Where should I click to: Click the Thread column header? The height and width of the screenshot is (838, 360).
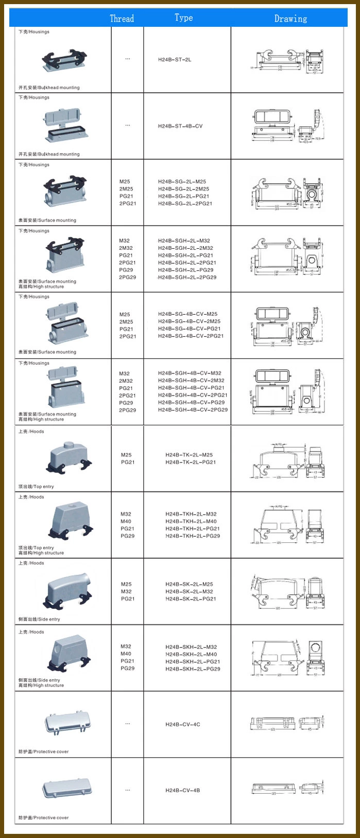[x=122, y=19]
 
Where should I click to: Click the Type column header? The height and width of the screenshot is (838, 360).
[x=183, y=18]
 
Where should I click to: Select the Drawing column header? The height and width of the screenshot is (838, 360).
[x=290, y=19]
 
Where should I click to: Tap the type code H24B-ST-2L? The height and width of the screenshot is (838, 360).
[x=175, y=60]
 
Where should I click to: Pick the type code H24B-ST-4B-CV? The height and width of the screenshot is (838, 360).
[x=180, y=126]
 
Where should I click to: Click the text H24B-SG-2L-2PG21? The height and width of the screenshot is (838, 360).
[x=185, y=203]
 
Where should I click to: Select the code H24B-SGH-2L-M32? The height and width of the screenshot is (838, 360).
[x=184, y=241]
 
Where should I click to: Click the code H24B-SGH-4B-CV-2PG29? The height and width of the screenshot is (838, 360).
[x=193, y=410]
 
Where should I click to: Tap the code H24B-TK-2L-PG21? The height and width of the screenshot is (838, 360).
[x=191, y=462]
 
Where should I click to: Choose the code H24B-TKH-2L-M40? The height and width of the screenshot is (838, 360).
[x=191, y=521]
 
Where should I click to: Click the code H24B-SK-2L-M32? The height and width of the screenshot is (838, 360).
[x=189, y=591]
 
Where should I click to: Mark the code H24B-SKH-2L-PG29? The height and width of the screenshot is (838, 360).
[x=193, y=669]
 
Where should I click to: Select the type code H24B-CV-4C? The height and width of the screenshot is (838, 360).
[x=183, y=724]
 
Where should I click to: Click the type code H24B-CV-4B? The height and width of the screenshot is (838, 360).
[x=183, y=790]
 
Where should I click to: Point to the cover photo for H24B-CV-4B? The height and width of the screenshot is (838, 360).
[x=63, y=788]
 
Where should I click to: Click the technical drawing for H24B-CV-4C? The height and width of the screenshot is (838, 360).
[x=287, y=724]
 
